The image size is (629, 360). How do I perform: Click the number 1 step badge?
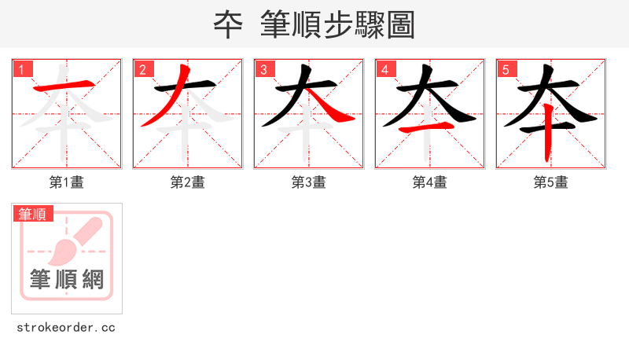tap(21, 68)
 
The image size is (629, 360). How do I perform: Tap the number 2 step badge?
tap(142, 68)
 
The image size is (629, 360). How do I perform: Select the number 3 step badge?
tap(263, 68)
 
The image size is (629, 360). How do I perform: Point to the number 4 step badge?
tap(384, 68)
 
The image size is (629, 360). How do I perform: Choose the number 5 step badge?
tap(506, 68)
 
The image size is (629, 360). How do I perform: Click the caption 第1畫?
tap(67, 182)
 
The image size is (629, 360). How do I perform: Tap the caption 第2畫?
tap(188, 182)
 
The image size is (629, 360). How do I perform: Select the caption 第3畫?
tap(309, 182)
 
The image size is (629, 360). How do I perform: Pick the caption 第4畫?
tap(430, 182)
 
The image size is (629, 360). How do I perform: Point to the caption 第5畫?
tap(551, 182)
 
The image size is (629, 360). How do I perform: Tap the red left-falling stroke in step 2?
tap(164, 102)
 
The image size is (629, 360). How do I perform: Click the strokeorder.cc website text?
tap(66, 327)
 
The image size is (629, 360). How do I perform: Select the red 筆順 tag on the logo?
tap(32, 214)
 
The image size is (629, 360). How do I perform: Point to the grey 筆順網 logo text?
tap(67, 279)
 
